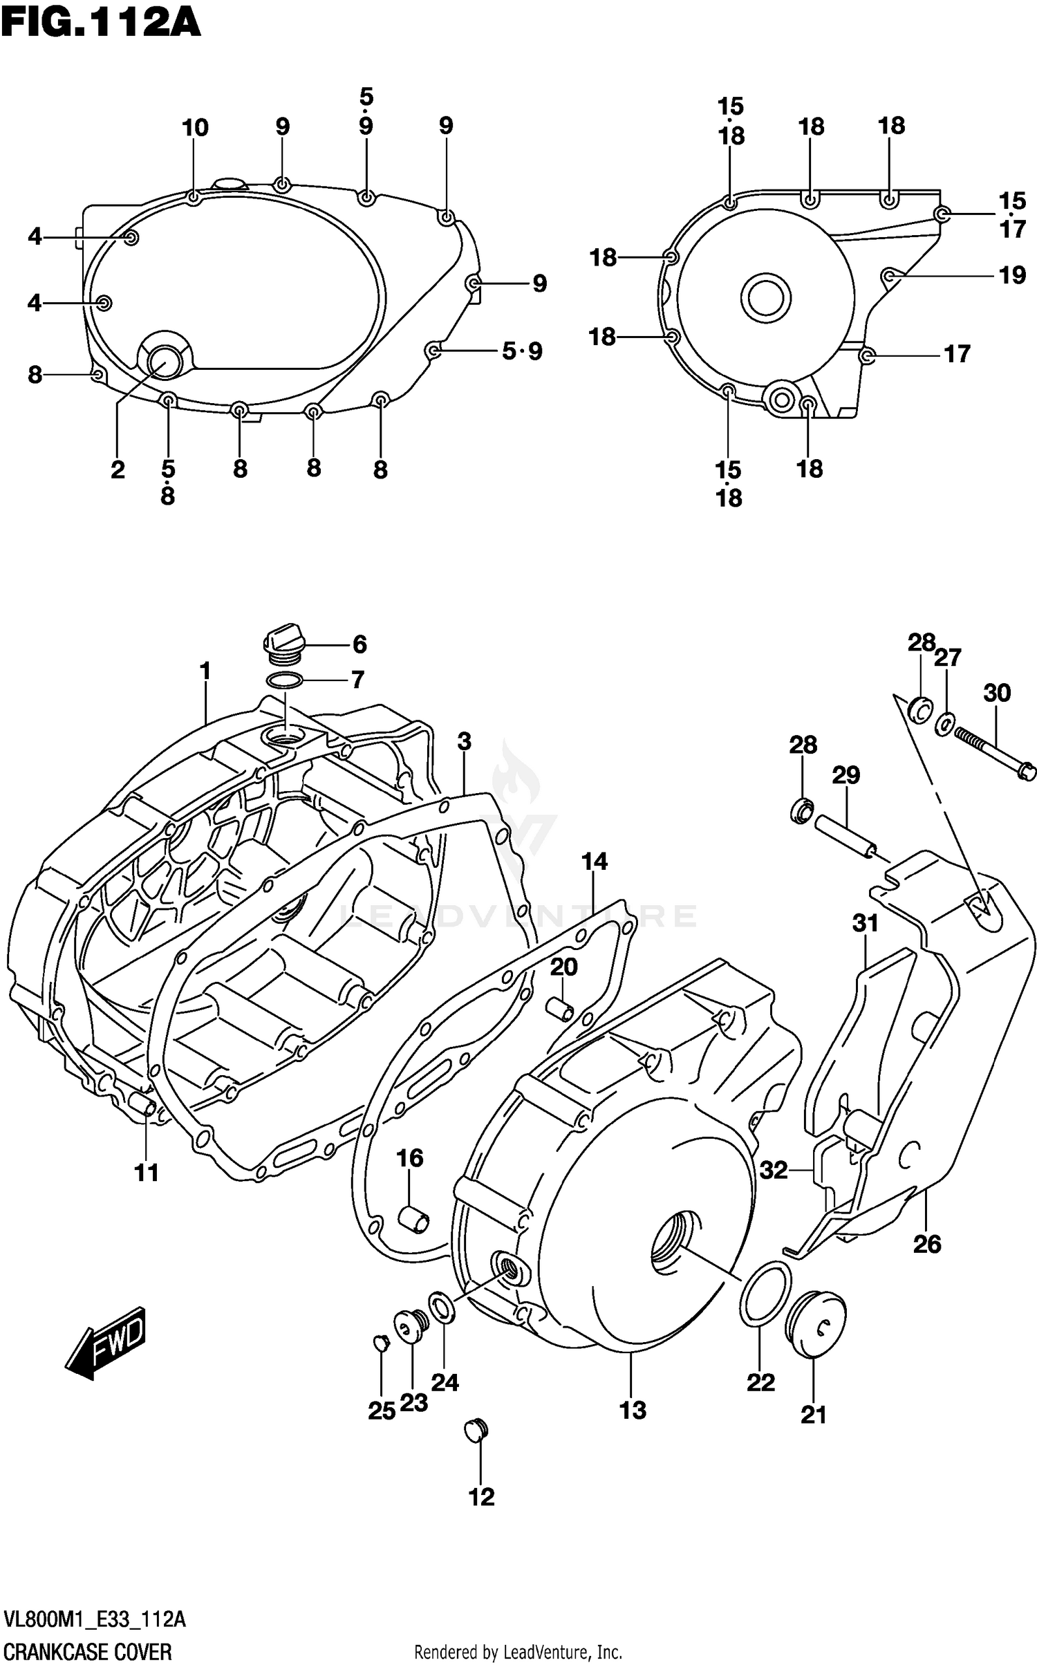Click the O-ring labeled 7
[x=284, y=680]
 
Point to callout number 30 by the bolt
[x=997, y=693]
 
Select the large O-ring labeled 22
[x=765, y=1294]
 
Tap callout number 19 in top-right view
[x=1012, y=276]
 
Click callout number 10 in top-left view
[x=195, y=128]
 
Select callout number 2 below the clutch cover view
[x=118, y=470]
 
